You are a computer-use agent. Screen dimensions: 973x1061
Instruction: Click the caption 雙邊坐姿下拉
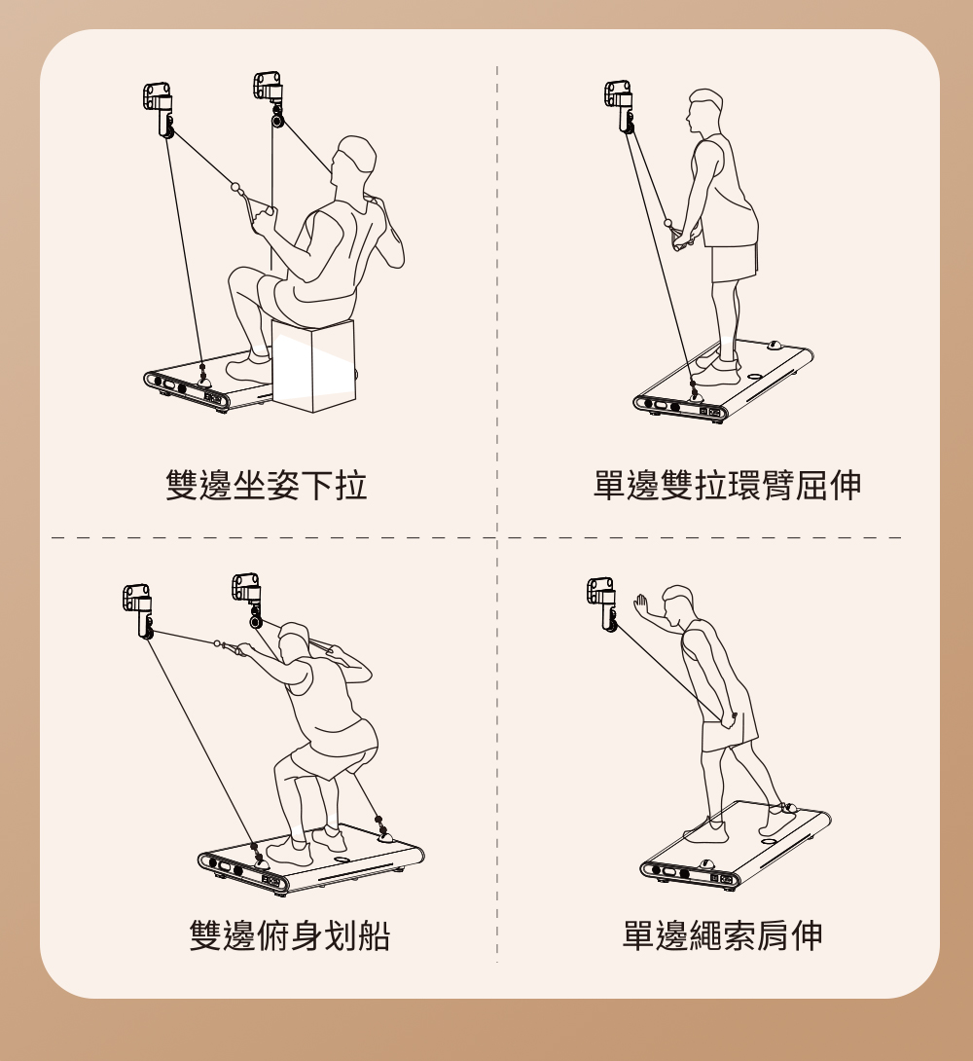267,485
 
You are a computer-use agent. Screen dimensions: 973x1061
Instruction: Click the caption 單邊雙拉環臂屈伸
728,485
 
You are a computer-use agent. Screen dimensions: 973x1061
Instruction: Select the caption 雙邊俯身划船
289,935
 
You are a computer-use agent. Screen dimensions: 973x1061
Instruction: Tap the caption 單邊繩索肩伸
722,935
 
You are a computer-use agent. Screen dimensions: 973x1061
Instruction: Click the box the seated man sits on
313,365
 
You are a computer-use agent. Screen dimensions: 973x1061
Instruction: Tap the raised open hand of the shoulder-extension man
640,604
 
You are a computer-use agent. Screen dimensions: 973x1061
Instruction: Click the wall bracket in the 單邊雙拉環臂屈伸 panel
620,106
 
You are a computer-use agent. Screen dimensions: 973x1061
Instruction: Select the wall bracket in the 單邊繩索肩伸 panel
602,603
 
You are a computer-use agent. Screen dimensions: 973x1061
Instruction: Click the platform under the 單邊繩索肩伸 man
736,846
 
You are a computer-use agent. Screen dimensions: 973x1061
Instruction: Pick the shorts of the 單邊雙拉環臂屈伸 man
734,262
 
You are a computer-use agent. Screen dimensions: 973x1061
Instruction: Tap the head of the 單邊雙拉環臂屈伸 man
703,112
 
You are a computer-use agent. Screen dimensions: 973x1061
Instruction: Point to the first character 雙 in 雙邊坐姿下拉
183,485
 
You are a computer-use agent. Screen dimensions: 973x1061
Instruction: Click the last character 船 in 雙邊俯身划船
374,935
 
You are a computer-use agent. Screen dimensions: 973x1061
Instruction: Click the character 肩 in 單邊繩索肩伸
773,935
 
